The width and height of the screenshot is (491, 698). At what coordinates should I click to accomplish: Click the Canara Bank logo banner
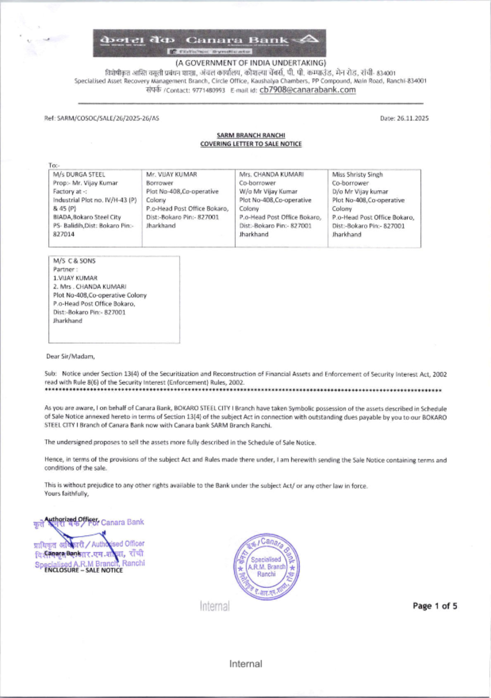pyautogui.click(x=210, y=43)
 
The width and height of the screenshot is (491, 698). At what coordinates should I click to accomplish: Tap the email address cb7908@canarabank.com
pyautogui.click(x=307, y=90)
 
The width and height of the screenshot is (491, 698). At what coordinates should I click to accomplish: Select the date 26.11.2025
pyautogui.click(x=404, y=118)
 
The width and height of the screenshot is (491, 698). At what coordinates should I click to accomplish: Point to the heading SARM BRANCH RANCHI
pyautogui.click(x=251, y=135)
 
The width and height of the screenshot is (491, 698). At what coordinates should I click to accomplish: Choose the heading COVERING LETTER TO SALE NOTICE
pyautogui.click(x=251, y=144)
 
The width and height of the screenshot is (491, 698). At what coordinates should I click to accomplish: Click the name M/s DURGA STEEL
pyautogui.click(x=79, y=174)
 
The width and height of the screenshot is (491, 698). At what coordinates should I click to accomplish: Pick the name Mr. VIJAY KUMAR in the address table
pyautogui.click(x=171, y=174)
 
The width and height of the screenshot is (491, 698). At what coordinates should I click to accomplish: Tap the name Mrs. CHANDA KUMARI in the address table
pyautogui.click(x=271, y=174)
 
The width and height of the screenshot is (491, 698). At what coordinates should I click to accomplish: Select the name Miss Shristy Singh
pyautogui.click(x=357, y=174)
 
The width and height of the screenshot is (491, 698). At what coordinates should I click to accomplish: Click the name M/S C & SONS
pyautogui.click(x=75, y=261)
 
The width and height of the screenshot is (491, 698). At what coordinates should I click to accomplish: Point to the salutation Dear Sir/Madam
pyautogui.click(x=70, y=356)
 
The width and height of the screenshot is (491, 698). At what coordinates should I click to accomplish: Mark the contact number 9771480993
pyautogui.click(x=209, y=91)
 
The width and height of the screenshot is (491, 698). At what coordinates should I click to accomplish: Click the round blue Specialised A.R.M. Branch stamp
pyautogui.click(x=267, y=567)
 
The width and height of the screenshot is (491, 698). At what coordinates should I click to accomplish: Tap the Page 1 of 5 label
pyautogui.click(x=435, y=606)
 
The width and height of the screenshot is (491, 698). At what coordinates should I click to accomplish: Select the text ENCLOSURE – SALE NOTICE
pyautogui.click(x=83, y=570)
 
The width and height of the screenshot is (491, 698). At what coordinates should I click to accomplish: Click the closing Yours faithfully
pyautogui.click(x=67, y=494)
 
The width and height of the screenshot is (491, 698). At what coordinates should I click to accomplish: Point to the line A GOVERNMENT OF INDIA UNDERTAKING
pyautogui.click(x=250, y=63)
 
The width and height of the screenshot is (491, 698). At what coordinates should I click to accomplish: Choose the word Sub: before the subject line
pyautogui.click(x=51, y=374)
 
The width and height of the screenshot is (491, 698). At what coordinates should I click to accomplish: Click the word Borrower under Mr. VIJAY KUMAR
pyautogui.click(x=160, y=183)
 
